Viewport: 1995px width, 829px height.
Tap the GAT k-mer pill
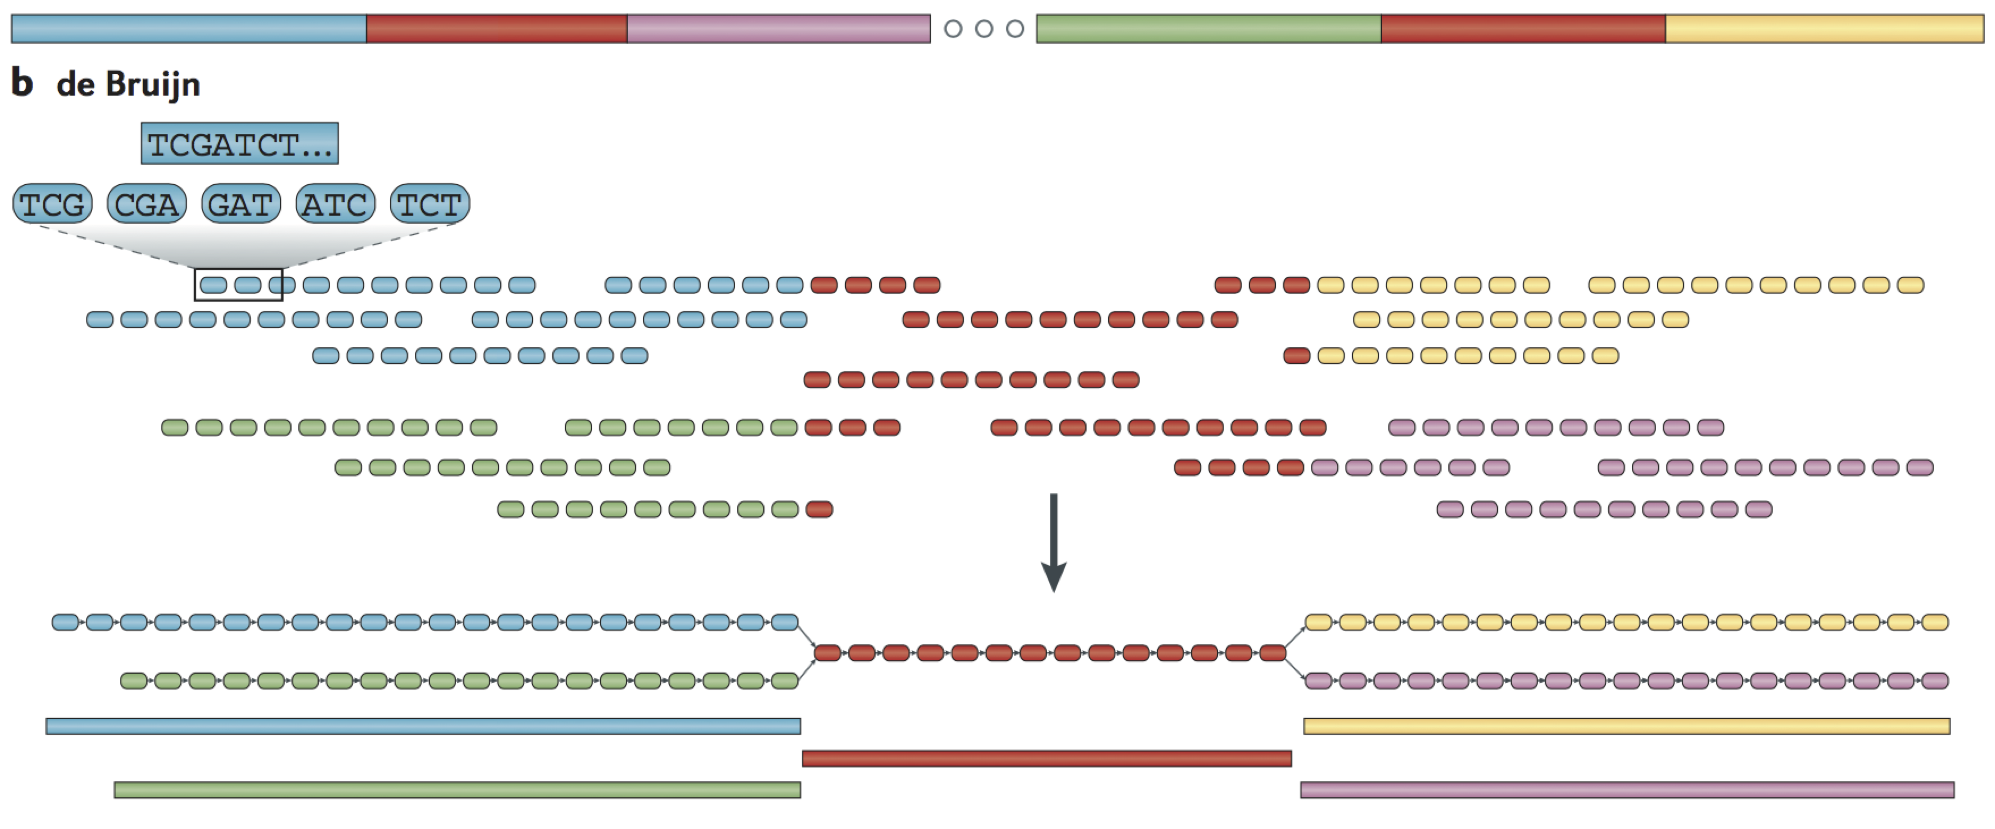pyautogui.click(x=241, y=204)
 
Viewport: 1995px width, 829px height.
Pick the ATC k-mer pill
pyautogui.click(x=335, y=204)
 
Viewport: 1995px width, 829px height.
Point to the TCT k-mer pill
pyautogui.click(x=430, y=204)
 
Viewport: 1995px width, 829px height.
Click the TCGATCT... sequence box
pyautogui.click(x=239, y=143)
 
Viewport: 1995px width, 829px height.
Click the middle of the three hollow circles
pyautogui.click(x=984, y=29)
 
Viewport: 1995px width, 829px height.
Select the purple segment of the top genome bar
pyautogui.click(x=778, y=29)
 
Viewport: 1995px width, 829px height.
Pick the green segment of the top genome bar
pyautogui.click(x=1208, y=29)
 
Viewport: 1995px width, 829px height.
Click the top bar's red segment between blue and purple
pyautogui.click(x=497, y=29)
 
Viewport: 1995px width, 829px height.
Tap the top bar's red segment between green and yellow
pyautogui.click(x=1523, y=29)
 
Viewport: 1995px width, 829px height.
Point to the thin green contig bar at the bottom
pyautogui.click(x=457, y=790)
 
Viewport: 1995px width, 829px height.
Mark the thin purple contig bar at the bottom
pyautogui.click(x=1627, y=790)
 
